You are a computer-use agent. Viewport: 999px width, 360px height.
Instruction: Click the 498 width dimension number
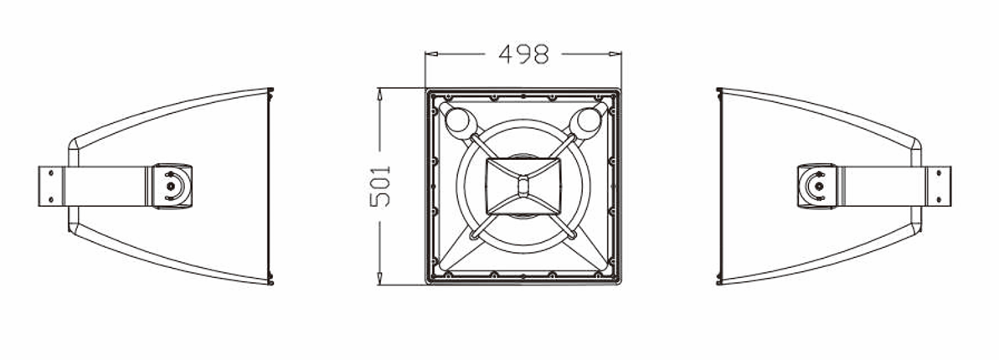tap(524, 54)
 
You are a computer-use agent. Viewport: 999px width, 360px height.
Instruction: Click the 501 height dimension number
tap(381, 186)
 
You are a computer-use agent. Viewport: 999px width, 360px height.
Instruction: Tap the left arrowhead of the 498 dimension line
tap(429, 54)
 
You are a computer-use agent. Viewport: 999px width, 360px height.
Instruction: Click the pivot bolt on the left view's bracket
tap(172, 186)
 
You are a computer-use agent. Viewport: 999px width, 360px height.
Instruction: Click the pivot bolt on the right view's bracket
tap(817, 186)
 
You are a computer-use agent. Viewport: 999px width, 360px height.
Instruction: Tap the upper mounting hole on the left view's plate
tap(50, 174)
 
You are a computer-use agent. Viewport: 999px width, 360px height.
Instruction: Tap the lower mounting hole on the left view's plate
tap(50, 198)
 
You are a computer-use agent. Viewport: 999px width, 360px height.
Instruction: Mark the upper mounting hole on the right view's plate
tap(940, 174)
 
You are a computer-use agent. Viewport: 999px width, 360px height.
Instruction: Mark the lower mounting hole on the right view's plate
tap(940, 198)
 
